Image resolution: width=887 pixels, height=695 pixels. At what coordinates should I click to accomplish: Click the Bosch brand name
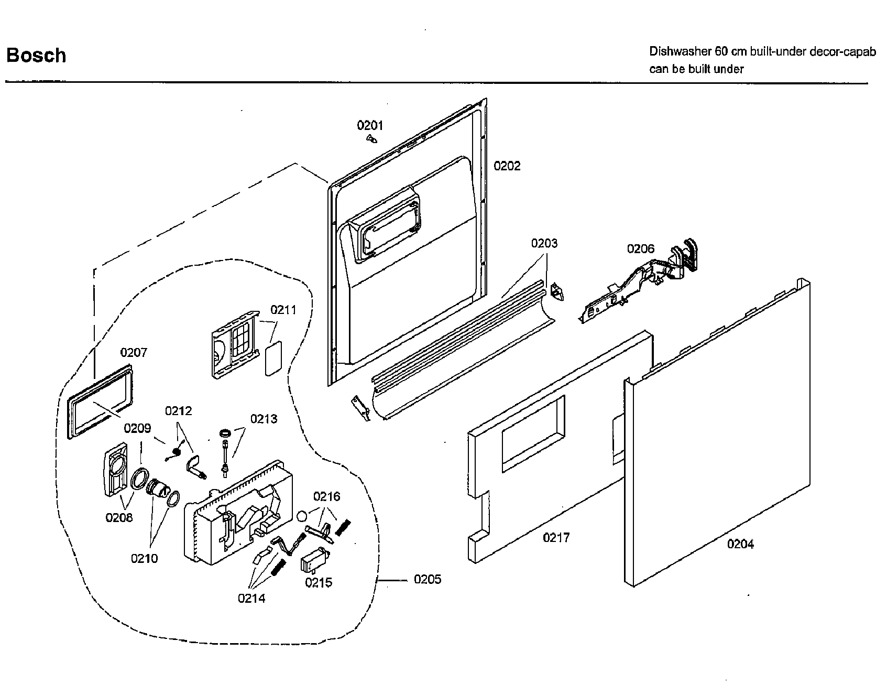click(36, 55)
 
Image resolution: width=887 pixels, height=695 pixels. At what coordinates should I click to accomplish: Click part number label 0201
click(370, 125)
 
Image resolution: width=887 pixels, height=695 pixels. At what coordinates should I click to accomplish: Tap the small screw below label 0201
click(372, 139)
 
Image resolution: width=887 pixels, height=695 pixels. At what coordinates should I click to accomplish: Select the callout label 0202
click(507, 166)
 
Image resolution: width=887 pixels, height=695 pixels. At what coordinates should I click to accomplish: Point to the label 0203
click(544, 243)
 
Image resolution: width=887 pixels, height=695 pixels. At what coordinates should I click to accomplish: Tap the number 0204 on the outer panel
click(740, 544)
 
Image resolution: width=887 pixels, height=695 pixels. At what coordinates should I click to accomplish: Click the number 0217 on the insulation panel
click(556, 537)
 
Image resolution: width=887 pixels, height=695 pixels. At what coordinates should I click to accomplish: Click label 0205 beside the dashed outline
click(428, 579)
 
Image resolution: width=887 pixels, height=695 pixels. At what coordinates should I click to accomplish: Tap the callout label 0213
click(264, 419)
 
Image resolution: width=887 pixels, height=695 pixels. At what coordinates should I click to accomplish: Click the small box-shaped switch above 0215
click(314, 562)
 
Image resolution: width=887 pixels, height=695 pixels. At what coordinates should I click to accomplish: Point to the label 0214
click(251, 598)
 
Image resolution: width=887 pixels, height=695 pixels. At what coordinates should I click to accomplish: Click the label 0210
click(144, 558)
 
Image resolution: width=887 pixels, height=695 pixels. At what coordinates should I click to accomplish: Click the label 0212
click(178, 411)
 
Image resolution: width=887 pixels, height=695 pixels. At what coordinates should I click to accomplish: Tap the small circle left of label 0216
click(302, 516)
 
